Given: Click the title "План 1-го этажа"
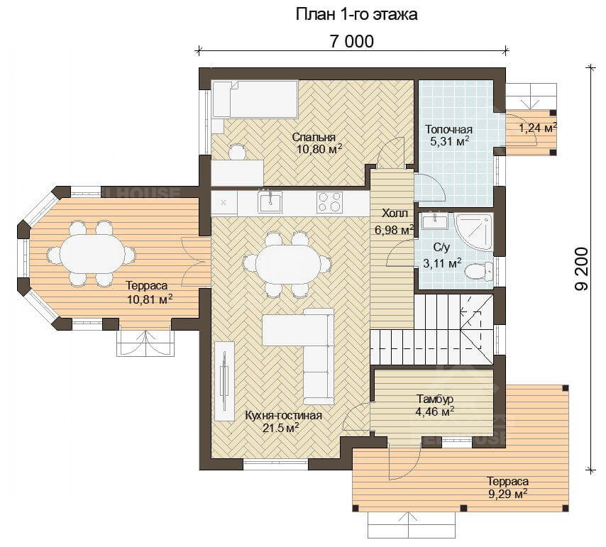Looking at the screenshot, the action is point(356,15).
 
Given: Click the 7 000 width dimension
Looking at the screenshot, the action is point(352,41).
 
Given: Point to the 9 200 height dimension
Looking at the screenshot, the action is point(582,269).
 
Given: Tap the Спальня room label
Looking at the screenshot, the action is point(314,137).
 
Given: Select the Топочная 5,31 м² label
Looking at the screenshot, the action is point(449,136).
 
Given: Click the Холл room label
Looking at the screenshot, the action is point(395,214).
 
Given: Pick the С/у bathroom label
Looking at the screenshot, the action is point(441,248).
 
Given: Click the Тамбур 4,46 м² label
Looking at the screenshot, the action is point(435,405).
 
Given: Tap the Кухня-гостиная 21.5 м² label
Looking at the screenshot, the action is point(283,421).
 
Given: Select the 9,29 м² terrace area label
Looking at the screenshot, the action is point(508,494).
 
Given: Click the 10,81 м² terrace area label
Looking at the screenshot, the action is point(149,299).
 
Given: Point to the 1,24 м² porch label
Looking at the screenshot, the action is point(538,128).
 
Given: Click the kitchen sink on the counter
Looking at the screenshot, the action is point(270,202).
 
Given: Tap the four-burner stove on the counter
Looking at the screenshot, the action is point(329,202).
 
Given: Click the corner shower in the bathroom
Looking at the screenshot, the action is point(475,233).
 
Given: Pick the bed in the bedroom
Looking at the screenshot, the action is point(255,99).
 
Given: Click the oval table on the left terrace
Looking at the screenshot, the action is point(91,254).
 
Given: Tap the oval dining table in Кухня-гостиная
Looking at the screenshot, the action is point(288,265).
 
